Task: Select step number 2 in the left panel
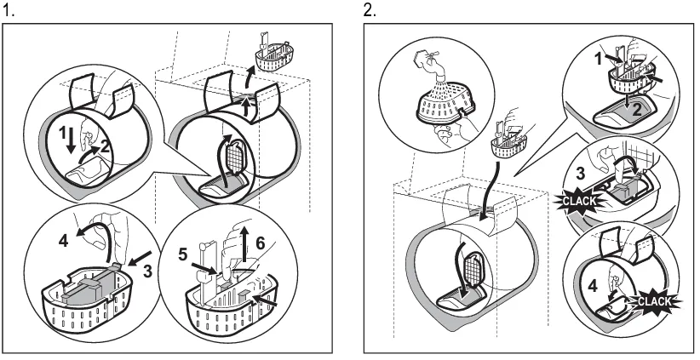[x=105, y=146]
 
